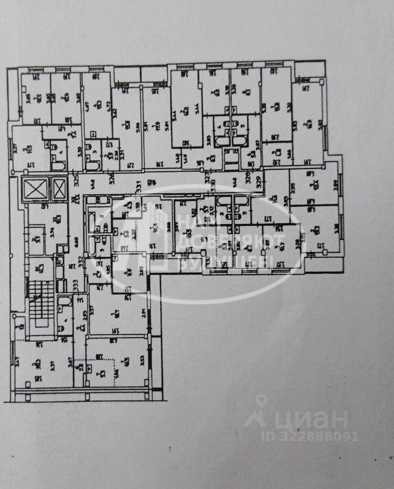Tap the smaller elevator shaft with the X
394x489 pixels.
[59, 188]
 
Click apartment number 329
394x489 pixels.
[259, 183]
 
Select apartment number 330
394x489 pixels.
[212, 184]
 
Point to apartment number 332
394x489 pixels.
[80, 259]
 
